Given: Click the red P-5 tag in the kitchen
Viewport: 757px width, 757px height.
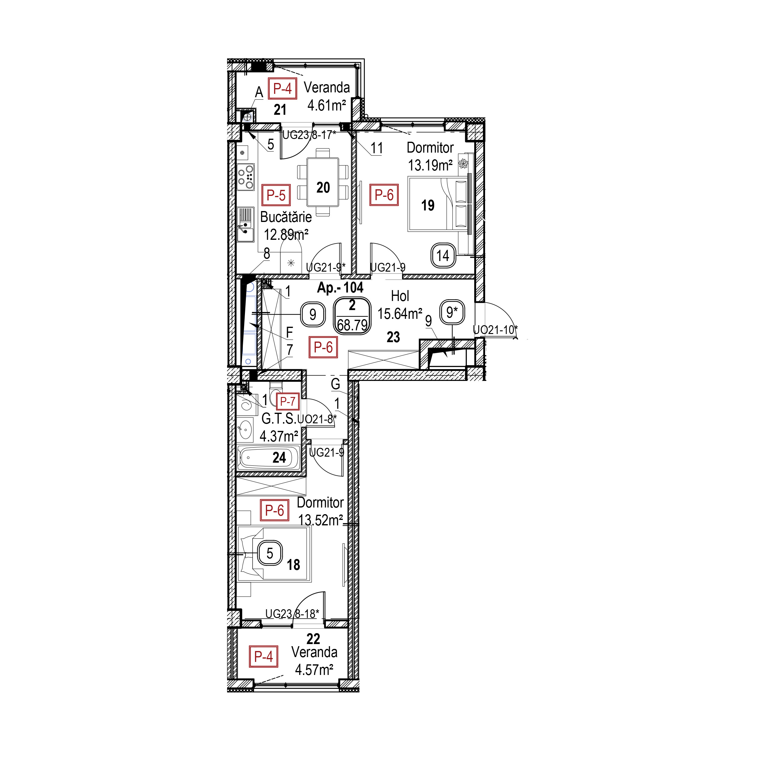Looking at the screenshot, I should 276,195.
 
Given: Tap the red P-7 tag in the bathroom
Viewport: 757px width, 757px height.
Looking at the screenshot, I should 288,401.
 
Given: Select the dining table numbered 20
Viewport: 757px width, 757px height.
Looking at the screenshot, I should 323,182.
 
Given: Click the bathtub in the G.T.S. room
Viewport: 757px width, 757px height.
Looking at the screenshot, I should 268,457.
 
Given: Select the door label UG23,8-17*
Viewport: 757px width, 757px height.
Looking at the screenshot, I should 309,135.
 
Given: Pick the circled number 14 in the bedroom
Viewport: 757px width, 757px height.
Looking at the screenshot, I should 443,256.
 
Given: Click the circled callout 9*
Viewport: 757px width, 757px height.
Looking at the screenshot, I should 452,312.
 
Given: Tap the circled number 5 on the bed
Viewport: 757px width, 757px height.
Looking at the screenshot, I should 269,553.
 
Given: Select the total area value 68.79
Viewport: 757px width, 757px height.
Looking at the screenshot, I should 352,325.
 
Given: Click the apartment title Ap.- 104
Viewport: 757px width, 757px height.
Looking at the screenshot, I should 340,288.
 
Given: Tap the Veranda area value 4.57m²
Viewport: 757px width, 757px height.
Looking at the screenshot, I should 314,669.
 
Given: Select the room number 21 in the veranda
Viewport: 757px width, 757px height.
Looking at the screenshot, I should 280,110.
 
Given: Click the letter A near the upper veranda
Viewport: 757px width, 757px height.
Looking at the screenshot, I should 259,92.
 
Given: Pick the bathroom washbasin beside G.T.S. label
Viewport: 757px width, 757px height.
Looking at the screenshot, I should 244,430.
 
